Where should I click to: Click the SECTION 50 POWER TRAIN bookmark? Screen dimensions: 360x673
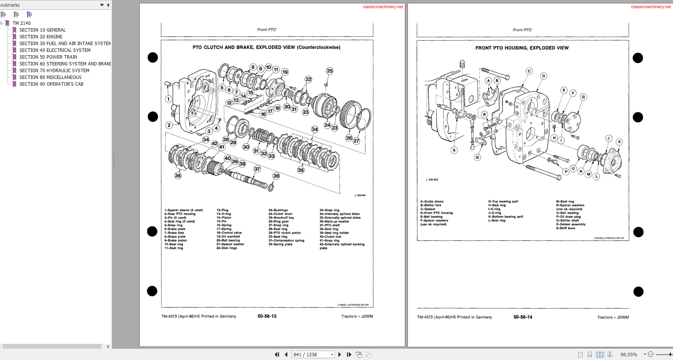[48, 57]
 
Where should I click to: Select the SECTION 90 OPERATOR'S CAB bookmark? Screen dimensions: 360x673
[51, 84]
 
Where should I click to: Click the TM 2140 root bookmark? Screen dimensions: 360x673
[22, 23]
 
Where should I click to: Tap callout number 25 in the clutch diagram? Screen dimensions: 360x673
[329, 71]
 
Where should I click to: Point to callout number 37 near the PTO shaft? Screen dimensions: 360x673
[257, 169]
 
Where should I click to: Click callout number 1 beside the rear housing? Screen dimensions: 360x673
[169, 99]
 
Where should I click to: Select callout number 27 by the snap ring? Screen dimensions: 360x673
[356, 141]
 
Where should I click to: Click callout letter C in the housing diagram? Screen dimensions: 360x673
[529, 71]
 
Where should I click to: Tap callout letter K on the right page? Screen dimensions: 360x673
[619, 142]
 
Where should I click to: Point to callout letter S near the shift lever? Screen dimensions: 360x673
[454, 150]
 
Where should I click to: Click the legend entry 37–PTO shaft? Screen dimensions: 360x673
[329, 225]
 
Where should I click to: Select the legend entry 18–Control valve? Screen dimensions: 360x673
[229, 233]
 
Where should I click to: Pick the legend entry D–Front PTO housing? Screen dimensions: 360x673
[436, 213]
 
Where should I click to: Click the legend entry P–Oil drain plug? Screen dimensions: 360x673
[568, 217]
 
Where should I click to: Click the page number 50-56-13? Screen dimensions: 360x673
[267, 316]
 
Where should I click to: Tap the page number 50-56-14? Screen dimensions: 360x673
[522, 317]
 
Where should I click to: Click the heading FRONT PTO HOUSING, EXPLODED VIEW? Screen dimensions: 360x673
[522, 48]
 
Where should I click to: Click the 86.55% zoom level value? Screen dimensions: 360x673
[629, 354]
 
